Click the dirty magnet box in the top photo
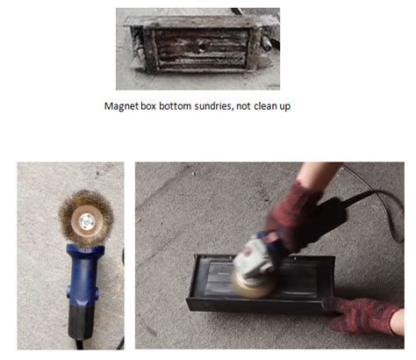tap(197, 48)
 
